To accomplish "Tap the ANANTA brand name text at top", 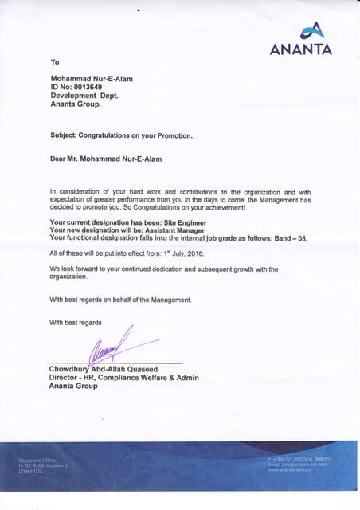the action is click(302, 50).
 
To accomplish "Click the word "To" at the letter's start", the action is click(55, 62).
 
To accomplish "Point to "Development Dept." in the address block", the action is click(84, 96).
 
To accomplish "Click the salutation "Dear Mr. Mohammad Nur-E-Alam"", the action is click(105, 159).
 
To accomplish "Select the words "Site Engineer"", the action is click(183, 222).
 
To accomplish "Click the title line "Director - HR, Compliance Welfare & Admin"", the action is click(124, 378).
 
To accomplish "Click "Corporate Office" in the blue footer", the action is click(34, 461).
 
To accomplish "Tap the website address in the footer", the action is click(291, 471).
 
